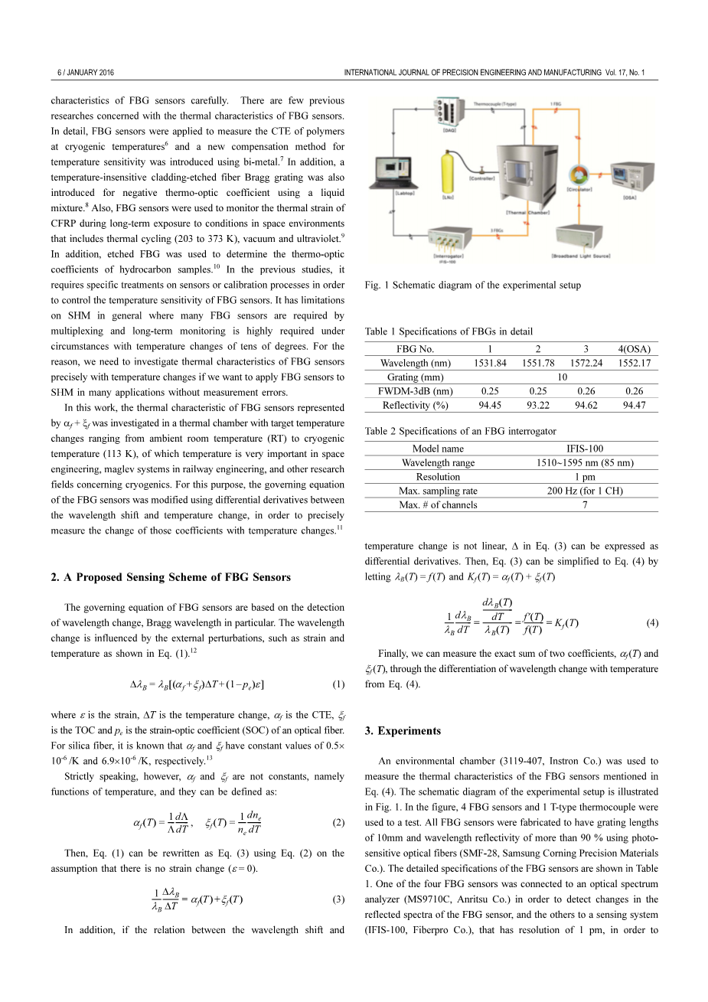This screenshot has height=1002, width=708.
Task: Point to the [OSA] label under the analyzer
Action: pos(628,197)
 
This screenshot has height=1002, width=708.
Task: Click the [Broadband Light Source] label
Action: pos(581,256)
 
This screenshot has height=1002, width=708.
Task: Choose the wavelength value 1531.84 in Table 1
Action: pos(490,363)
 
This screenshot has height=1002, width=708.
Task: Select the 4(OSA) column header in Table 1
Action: pos(634,349)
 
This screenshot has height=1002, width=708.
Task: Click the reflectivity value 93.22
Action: pos(538,405)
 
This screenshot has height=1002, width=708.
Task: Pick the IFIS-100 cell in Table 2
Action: pos(584,449)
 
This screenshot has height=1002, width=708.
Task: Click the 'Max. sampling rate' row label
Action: pos(438,491)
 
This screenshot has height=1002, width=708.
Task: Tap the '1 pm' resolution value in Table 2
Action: pos(584,477)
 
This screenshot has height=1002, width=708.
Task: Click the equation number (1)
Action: pos(338,684)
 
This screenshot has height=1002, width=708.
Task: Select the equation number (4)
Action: pos(651,622)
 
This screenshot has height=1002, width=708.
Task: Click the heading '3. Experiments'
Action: pos(403,730)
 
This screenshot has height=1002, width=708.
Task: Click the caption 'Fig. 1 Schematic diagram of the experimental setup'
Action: pos(472,285)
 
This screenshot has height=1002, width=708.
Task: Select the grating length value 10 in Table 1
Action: pos(562,377)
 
